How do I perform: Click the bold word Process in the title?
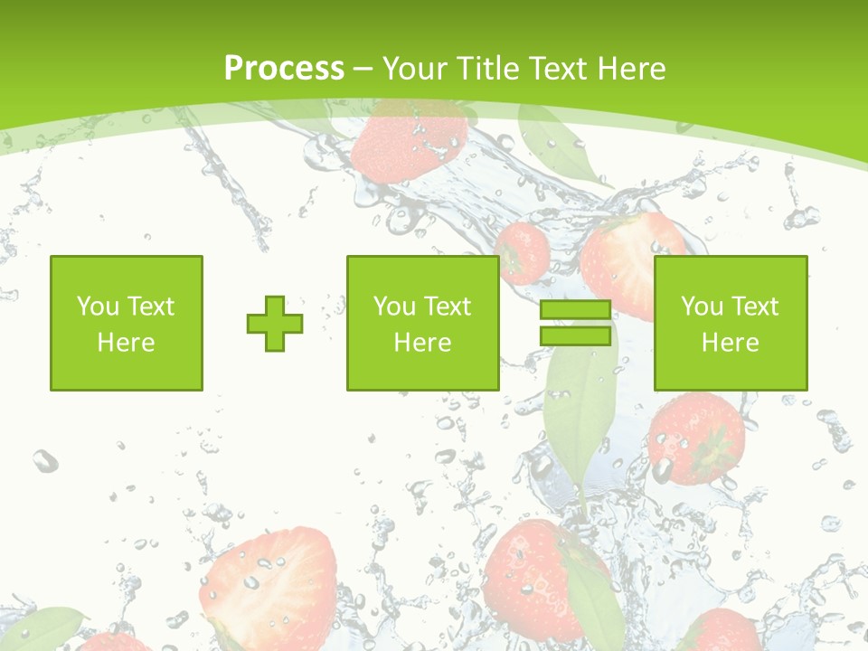point(284,69)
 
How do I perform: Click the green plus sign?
point(275,324)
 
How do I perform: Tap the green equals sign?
point(575,323)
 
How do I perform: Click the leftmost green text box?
point(127,323)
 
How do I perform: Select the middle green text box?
point(422,323)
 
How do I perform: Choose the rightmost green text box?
point(731,323)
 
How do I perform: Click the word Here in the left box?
point(127,343)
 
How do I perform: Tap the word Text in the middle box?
point(449,307)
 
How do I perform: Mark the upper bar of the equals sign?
point(575,310)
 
